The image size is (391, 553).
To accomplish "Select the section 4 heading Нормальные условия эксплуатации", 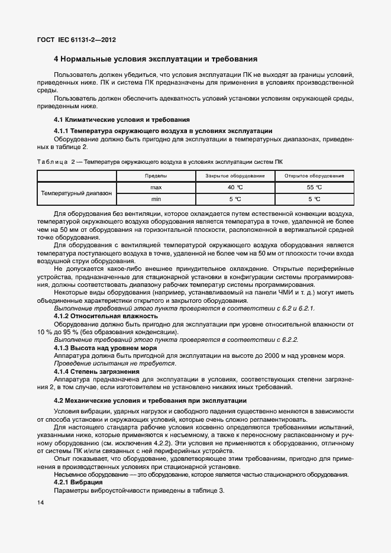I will point(155,59).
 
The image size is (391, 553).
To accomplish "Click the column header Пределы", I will point(156,176).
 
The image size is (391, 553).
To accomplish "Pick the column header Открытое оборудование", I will point(314,176).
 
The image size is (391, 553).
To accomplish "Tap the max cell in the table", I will point(156,187).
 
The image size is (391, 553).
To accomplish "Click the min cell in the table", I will point(156,199).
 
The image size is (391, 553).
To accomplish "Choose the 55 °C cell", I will point(314,187).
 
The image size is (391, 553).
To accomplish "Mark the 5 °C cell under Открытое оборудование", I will point(314,199).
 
